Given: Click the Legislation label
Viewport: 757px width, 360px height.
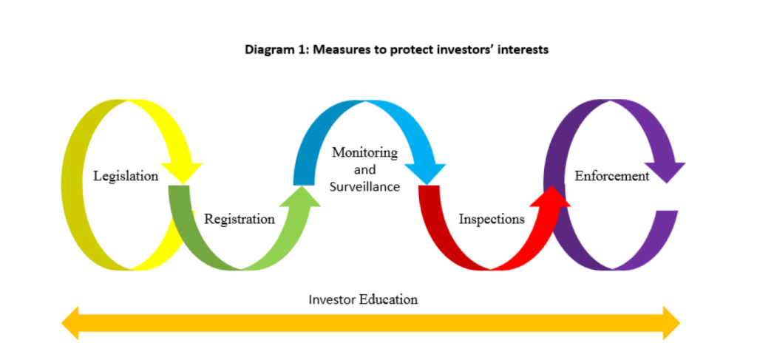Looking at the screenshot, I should click(126, 176).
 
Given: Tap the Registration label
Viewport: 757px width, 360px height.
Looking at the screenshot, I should click(240, 219).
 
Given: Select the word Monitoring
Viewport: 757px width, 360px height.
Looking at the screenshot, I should click(364, 153).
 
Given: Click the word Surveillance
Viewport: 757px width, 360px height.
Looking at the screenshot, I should click(364, 186).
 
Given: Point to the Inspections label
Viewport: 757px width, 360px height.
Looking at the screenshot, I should click(492, 219).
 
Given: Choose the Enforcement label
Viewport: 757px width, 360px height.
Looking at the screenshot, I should click(612, 176).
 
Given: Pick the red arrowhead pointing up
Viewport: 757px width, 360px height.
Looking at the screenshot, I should click(551, 194).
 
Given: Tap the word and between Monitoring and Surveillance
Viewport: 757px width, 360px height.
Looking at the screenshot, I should click(364, 170).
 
